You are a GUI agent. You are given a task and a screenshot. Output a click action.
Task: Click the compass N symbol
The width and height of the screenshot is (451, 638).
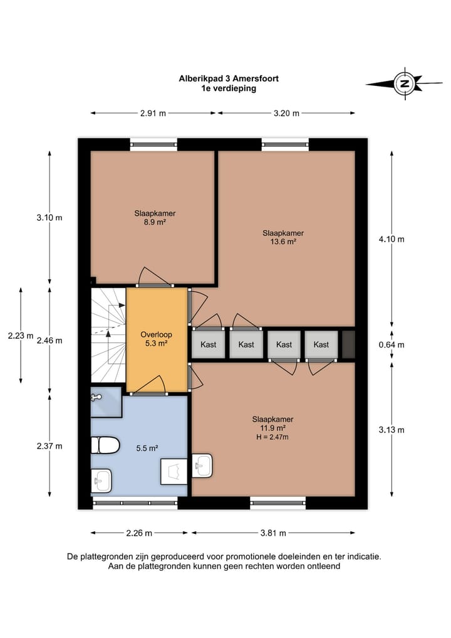(x=404, y=83)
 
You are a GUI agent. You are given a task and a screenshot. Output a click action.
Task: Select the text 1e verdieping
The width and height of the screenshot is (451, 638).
(x=225, y=89)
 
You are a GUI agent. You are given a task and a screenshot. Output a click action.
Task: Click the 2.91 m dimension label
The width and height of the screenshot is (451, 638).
(x=153, y=114)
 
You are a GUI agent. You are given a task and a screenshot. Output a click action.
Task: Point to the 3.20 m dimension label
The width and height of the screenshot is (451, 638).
(x=286, y=114)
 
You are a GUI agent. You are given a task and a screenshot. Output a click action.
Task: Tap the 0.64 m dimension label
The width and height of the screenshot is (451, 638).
(x=392, y=344)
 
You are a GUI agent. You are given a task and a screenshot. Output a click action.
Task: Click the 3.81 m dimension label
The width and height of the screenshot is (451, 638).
(x=273, y=533)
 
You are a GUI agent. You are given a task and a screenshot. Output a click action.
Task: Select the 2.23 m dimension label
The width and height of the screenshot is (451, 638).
(x=20, y=336)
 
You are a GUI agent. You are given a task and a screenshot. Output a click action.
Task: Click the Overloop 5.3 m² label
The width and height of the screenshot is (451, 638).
(x=157, y=339)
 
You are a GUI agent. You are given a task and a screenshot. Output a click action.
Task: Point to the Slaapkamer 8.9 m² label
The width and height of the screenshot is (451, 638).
(x=155, y=218)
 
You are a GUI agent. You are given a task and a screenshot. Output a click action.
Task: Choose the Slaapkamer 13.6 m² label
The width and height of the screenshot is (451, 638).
(x=279, y=237)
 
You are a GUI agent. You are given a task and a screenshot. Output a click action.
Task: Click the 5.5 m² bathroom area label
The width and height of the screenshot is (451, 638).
(x=147, y=448)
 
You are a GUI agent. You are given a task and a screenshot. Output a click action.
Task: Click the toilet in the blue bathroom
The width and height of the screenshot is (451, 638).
(x=105, y=445)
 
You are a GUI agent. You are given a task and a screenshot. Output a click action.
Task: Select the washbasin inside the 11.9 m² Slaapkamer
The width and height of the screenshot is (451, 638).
(x=203, y=465)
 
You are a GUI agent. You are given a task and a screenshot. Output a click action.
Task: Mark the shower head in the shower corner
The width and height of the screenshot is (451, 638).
(x=96, y=397)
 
